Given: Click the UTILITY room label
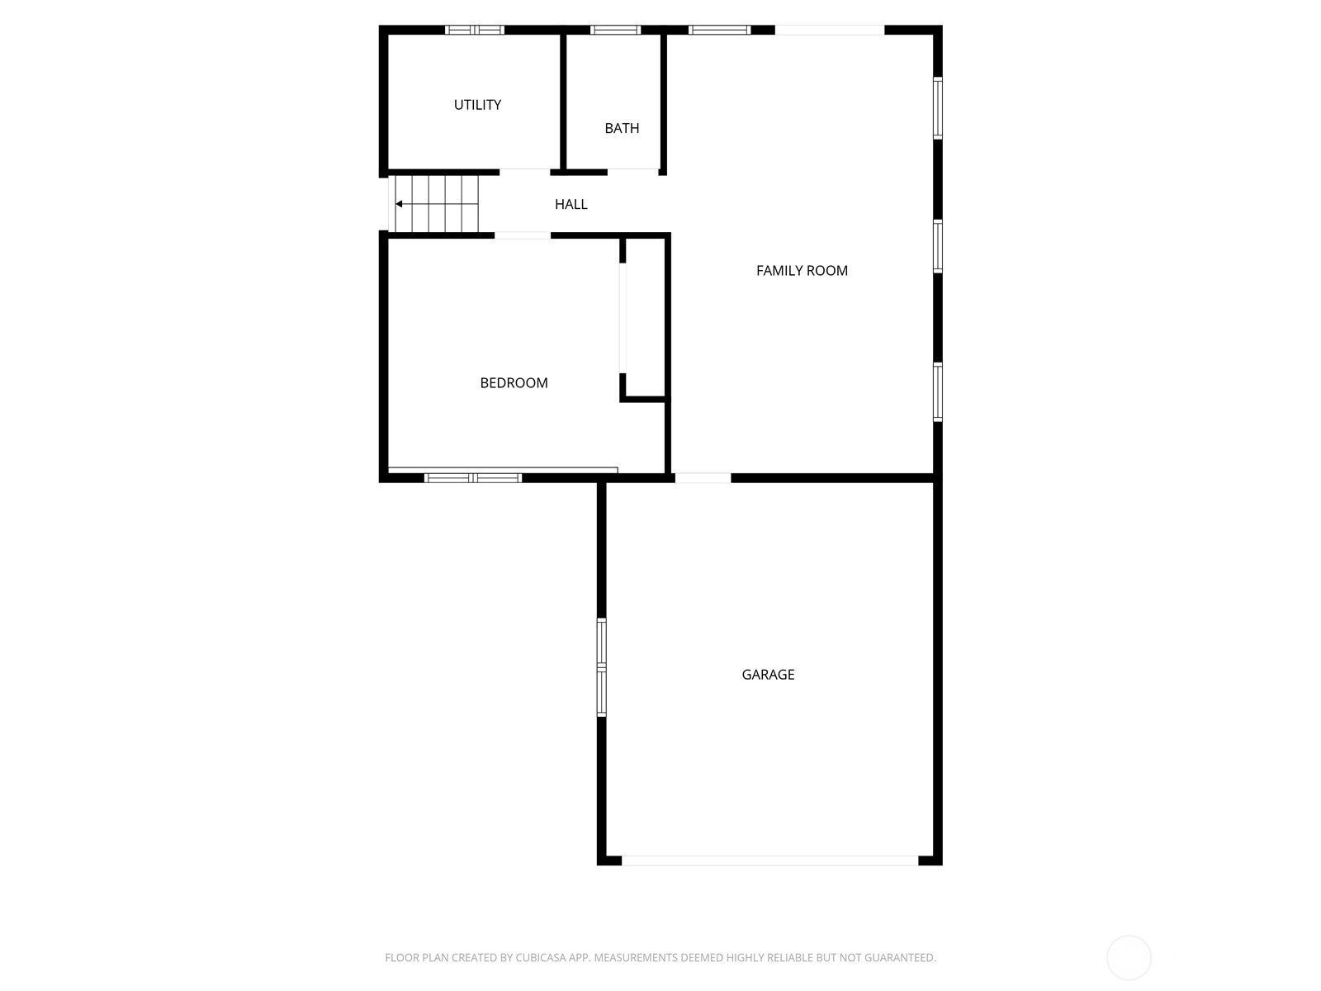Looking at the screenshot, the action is click(x=477, y=105).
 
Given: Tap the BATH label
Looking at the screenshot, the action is click(x=622, y=128).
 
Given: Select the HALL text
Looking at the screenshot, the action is click(x=571, y=205).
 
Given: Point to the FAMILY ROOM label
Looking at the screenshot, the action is click(x=802, y=271).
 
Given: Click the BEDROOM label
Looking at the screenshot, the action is click(x=514, y=383).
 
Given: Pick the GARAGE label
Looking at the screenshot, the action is click(x=768, y=675).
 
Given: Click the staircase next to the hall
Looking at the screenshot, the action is click(x=436, y=204).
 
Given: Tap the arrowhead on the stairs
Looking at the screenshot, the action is click(x=399, y=204).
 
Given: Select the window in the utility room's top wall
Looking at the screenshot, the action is click(x=474, y=30).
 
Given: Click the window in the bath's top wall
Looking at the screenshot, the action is click(x=615, y=30).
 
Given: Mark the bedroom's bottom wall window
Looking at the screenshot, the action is click(x=473, y=478).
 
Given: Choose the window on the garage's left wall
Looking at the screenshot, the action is click(x=601, y=667).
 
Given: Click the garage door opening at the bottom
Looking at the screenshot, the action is click(x=769, y=861).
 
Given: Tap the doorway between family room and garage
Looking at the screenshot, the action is click(x=703, y=478).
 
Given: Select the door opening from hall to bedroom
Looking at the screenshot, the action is click(x=523, y=235).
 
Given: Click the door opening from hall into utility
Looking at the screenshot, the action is click(x=525, y=173).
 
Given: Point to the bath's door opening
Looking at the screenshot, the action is click(x=633, y=173).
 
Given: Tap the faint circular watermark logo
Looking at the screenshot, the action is click(x=1129, y=958).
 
